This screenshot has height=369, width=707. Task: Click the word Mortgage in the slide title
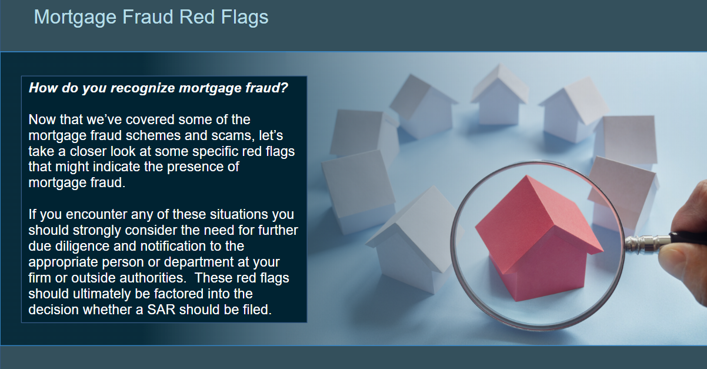[75, 18]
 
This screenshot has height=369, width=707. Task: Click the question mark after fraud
[284, 88]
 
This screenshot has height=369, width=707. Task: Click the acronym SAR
[161, 310]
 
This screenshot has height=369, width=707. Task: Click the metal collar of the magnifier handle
[647, 243]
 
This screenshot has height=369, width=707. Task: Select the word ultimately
[101, 294]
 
